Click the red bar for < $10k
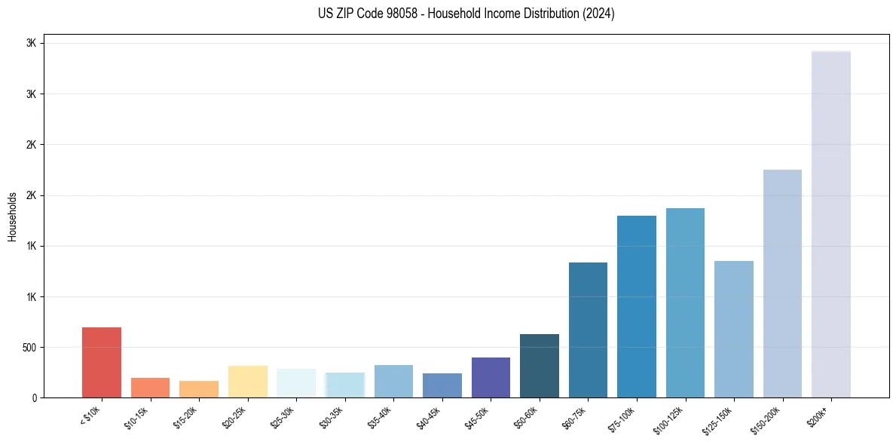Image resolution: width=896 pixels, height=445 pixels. (101, 362)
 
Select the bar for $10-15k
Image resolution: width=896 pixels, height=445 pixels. (150, 388)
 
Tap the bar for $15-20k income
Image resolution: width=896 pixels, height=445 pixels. (199, 389)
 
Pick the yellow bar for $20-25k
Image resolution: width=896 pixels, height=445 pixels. (247, 382)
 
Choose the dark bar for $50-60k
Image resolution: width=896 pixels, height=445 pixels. (540, 366)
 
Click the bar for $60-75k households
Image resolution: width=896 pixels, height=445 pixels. (588, 330)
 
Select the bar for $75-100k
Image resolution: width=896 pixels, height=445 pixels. (637, 306)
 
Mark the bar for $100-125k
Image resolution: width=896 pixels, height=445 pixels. (685, 302)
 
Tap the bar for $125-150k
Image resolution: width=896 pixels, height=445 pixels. (734, 329)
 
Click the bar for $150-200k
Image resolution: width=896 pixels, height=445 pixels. (782, 284)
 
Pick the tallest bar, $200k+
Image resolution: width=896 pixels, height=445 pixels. (831, 224)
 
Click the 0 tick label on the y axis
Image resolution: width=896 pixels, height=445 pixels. (34, 398)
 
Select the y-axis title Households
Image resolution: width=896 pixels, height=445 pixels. (12, 216)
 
